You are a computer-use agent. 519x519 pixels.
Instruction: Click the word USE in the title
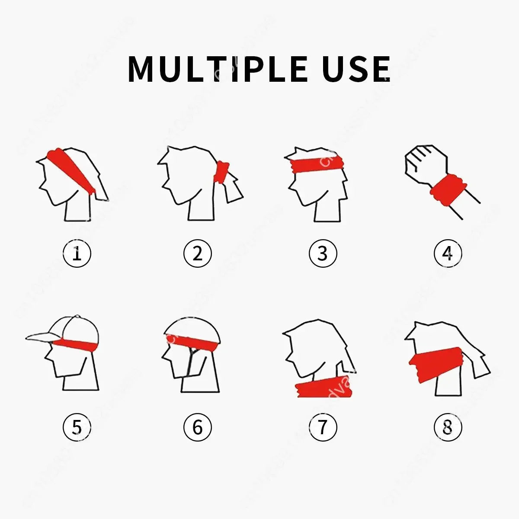click(x=356, y=69)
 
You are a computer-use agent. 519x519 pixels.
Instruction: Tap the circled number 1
click(x=77, y=254)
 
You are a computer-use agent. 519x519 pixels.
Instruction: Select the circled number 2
click(x=197, y=254)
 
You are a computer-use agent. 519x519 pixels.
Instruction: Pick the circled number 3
click(x=323, y=254)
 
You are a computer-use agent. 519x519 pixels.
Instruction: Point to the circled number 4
click(x=448, y=254)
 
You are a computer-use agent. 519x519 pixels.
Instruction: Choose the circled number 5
click(x=77, y=427)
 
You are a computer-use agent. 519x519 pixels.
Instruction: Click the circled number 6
click(x=197, y=427)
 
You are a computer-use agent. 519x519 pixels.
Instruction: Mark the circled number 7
click(x=323, y=427)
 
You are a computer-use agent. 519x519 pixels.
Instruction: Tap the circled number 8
click(x=448, y=427)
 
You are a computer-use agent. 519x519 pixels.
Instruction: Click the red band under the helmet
click(x=192, y=342)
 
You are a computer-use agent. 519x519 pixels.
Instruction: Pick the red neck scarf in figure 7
click(x=324, y=388)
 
